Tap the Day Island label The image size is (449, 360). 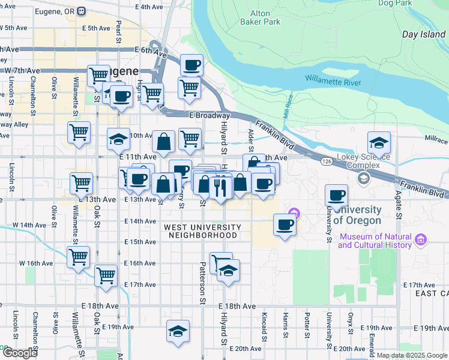pyautogui.click(x=424, y=35)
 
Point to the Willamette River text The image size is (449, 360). pyautogui.click(x=333, y=80)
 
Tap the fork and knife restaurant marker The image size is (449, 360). pyautogui.click(x=220, y=187)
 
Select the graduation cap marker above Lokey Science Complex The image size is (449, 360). pyautogui.click(x=379, y=143)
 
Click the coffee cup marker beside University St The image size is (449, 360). pyautogui.click(x=337, y=195)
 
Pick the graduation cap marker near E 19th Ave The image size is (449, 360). pyautogui.click(x=177, y=331)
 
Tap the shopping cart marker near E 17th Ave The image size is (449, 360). pyautogui.click(x=106, y=276)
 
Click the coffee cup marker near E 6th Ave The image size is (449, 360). pyautogui.click(x=191, y=65)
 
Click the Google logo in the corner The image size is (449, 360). pyautogui.click(x=20, y=353)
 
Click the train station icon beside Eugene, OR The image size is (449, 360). pyautogui.click(x=82, y=11)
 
